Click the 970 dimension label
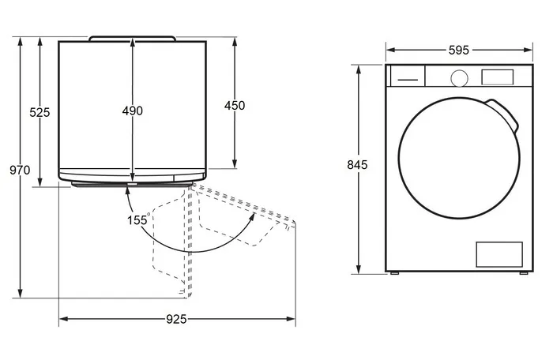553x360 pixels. (20, 171)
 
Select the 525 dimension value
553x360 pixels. (39, 112)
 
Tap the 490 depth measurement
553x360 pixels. (133, 111)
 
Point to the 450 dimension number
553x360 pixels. (235, 106)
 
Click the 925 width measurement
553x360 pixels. (176, 319)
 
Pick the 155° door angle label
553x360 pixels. (138, 220)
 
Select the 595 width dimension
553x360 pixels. (459, 51)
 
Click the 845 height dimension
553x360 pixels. (357, 165)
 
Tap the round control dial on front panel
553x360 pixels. (460, 78)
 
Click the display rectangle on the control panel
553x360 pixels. (497, 77)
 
